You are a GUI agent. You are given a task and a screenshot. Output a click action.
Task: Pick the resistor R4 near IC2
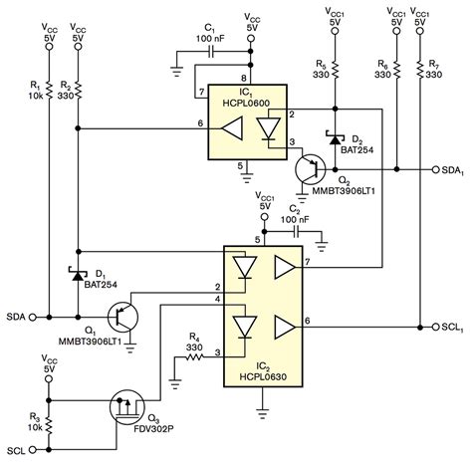tap(198, 352)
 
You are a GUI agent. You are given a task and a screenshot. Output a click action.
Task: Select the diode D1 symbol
tap(78, 272)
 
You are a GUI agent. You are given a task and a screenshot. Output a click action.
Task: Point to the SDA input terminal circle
tap(32, 318)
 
